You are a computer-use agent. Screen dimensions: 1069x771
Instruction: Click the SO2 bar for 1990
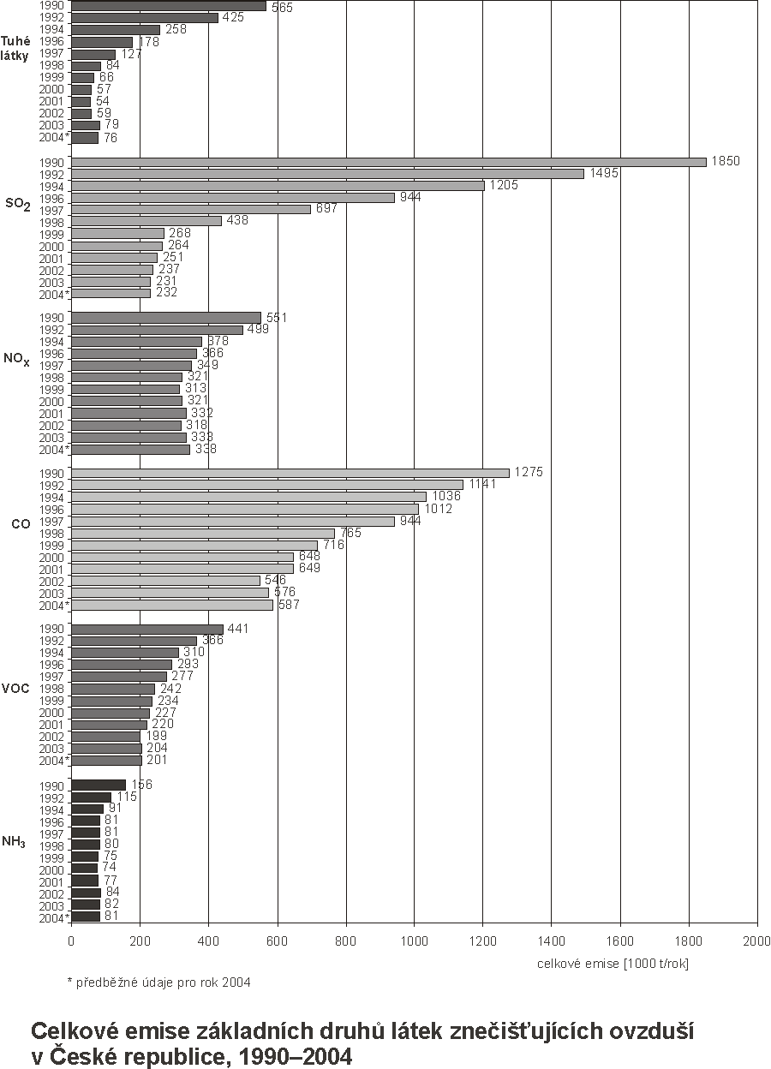[x=388, y=162]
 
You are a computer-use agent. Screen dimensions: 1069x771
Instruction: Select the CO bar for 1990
[x=290, y=473]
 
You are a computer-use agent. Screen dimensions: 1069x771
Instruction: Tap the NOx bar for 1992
[x=157, y=330]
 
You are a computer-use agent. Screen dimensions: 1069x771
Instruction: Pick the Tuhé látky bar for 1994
[x=115, y=29]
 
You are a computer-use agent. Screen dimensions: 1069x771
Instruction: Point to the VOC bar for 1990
[x=146, y=630]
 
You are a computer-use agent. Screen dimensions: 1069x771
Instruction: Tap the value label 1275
[x=529, y=473]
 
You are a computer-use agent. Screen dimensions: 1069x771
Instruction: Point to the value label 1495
[x=603, y=173]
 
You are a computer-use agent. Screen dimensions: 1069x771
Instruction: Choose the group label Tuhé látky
[x=16, y=48]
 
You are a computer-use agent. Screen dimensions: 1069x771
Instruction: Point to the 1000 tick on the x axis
[x=414, y=941]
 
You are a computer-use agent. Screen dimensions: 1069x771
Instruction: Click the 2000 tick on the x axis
[x=756, y=941]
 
